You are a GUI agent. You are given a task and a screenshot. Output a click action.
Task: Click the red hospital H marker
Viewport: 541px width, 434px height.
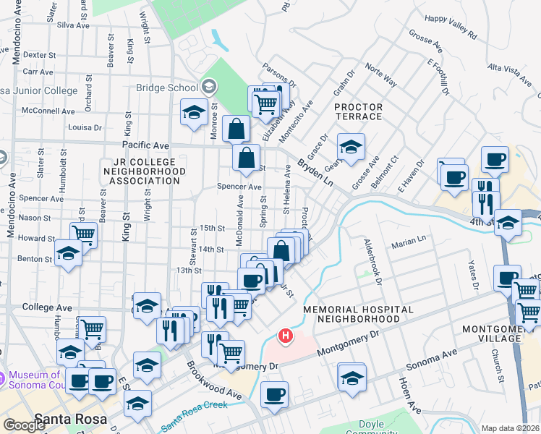pos(286,336)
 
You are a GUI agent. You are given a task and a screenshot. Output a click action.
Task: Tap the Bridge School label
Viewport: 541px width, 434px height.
pos(167,88)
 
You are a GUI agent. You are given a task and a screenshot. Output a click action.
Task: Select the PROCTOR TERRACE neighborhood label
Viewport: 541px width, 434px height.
pos(358,111)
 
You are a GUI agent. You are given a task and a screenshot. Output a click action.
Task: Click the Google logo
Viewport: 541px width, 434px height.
pos(24,425)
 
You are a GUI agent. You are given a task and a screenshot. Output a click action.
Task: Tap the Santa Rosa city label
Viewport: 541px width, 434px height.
pos(70,419)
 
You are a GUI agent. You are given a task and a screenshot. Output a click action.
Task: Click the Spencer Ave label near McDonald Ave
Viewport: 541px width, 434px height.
pos(239,186)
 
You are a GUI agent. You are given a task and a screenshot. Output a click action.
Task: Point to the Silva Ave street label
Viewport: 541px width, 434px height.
pos(72,25)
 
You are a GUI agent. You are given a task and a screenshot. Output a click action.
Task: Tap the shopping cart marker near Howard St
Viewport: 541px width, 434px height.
pos(84,234)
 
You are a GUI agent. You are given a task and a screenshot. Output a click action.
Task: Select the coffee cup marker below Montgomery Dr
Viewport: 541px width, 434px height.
pos(273,395)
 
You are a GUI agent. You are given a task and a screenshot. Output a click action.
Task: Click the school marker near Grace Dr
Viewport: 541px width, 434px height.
pos(351,147)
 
